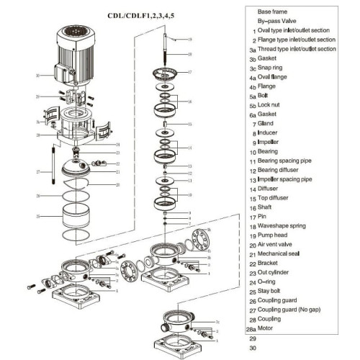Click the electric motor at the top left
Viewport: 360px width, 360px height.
[74, 54]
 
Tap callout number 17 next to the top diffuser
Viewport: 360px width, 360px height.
[189, 73]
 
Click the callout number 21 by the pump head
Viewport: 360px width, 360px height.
[117, 171]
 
